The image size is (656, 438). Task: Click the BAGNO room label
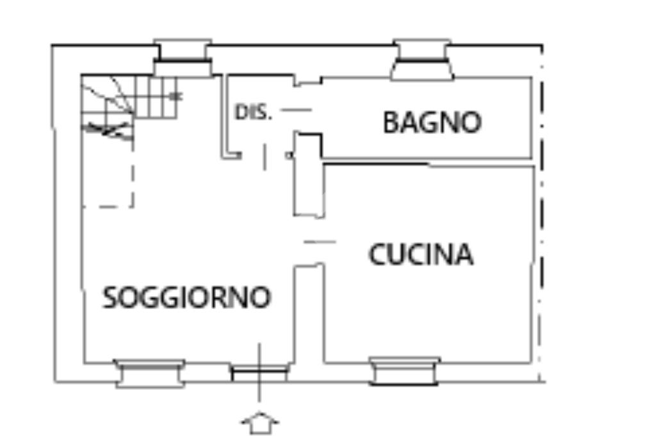click(x=432, y=122)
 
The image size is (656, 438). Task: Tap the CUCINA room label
click(x=421, y=255)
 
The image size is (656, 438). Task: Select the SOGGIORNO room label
click(x=187, y=298)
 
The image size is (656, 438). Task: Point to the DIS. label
click(x=254, y=113)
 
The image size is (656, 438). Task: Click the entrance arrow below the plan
click(x=259, y=424)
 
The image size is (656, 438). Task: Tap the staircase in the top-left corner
click(x=128, y=103)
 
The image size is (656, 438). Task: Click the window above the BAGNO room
click(x=422, y=61)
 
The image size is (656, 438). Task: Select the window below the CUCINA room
click(x=405, y=371)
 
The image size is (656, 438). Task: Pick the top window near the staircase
click(x=183, y=59)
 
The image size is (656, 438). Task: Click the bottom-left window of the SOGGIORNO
click(x=149, y=373)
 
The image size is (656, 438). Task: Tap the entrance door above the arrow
click(x=259, y=373)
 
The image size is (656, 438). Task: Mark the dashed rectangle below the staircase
click(x=108, y=173)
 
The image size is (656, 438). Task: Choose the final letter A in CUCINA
click(x=464, y=255)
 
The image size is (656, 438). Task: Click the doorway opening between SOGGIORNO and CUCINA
click(x=310, y=242)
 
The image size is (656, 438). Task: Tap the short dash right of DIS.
click(x=296, y=110)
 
